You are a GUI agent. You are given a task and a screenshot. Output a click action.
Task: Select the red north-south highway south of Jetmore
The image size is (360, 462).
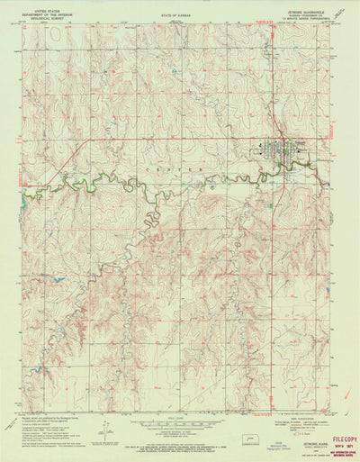[273, 270]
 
